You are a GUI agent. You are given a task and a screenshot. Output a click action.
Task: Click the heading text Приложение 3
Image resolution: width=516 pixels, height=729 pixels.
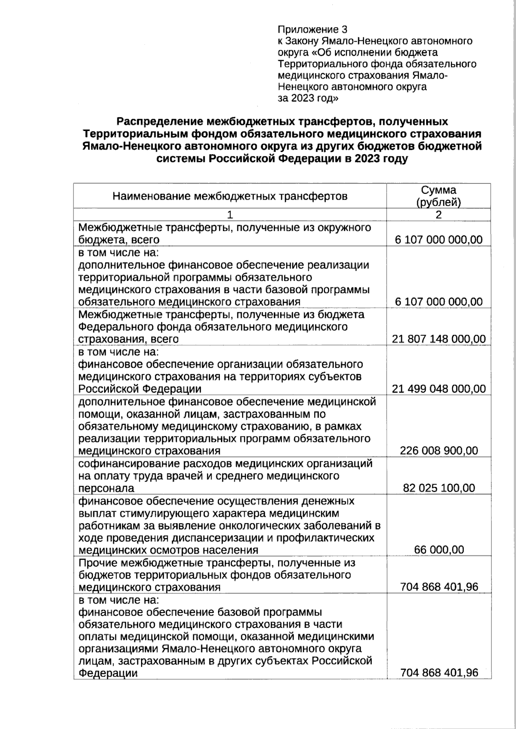312,30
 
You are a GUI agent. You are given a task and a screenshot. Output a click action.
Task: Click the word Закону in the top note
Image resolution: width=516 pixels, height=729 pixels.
302,41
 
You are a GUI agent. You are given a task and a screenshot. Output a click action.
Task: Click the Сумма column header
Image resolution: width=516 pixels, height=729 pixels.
438,190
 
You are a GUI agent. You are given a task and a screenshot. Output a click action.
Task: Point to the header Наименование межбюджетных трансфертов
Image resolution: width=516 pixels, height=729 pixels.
230,197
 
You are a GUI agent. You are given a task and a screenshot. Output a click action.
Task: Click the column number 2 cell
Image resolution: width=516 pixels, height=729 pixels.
438,215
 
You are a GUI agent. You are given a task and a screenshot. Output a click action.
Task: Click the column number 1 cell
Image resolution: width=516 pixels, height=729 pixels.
230,215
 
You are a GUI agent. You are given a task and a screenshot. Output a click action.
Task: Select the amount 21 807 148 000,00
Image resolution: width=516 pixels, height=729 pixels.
439,339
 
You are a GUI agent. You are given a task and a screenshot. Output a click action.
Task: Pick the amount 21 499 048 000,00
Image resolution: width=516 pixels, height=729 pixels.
439,389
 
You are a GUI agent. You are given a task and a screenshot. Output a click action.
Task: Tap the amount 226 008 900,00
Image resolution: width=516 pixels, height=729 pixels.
439,451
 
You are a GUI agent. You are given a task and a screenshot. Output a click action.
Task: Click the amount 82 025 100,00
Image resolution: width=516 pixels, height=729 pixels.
439,488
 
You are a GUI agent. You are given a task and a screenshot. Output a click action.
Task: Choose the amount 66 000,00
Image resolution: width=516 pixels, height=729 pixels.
439,550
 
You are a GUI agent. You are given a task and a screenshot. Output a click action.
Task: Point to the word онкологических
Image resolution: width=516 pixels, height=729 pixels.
270,526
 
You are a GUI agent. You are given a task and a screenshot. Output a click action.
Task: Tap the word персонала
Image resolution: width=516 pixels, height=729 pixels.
106,489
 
